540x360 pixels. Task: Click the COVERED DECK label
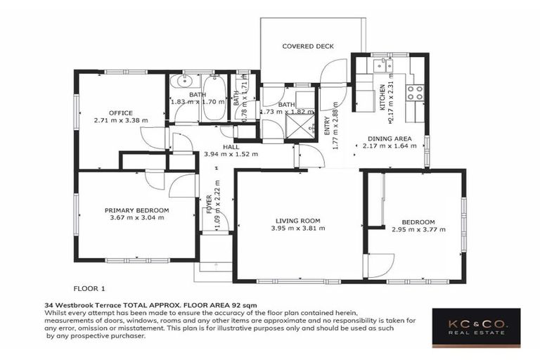click(307, 46)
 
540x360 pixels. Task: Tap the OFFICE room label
click(120, 112)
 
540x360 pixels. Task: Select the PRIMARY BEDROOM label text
click(136, 210)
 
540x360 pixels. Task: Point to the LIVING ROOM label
click(298, 221)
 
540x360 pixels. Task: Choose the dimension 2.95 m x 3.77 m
click(413, 229)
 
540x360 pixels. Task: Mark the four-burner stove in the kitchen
click(415, 92)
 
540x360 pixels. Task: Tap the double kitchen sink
click(383, 65)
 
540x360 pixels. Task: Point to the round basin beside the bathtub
click(181, 82)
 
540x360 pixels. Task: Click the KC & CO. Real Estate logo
click(475, 328)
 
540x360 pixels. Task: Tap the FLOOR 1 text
click(89, 288)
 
